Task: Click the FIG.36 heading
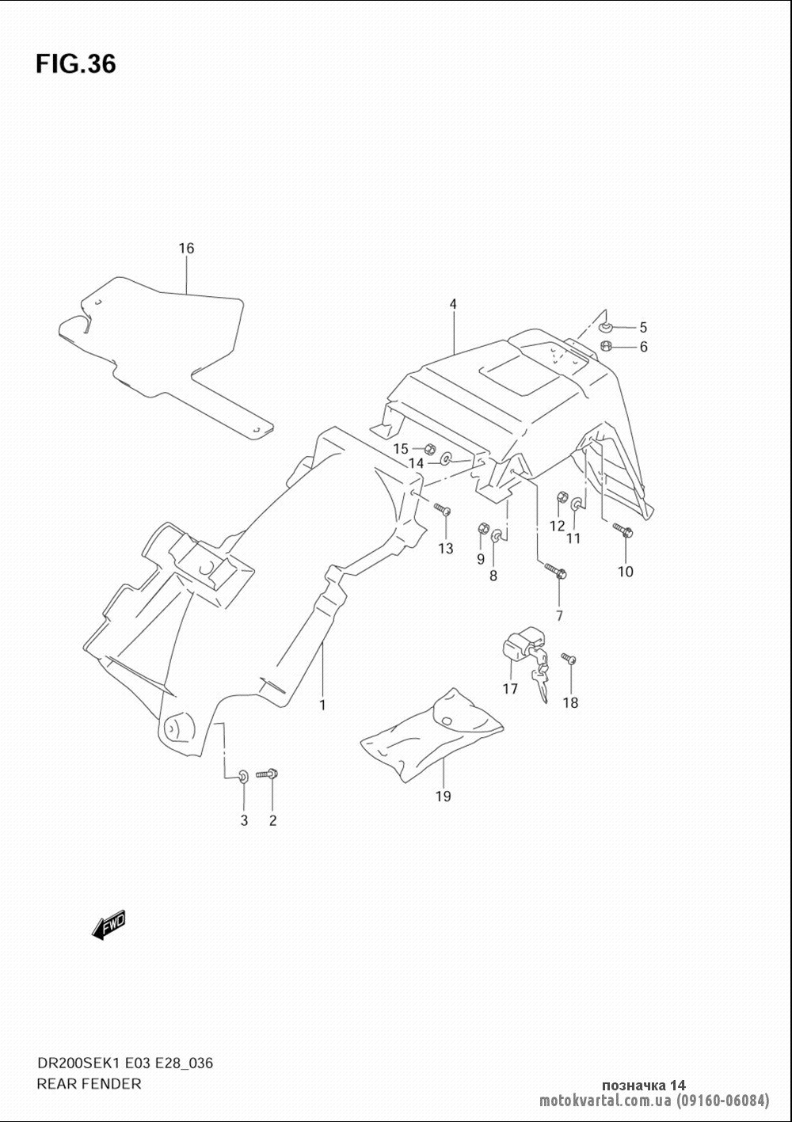[x=76, y=64]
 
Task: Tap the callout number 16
[x=186, y=248]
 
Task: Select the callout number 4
[x=453, y=304]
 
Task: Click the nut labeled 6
[x=606, y=345]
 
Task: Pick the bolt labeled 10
[x=622, y=529]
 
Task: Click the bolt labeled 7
[x=555, y=571]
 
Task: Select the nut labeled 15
[x=429, y=447]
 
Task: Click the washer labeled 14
[x=446, y=458]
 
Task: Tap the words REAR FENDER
[x=89, y=1084]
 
